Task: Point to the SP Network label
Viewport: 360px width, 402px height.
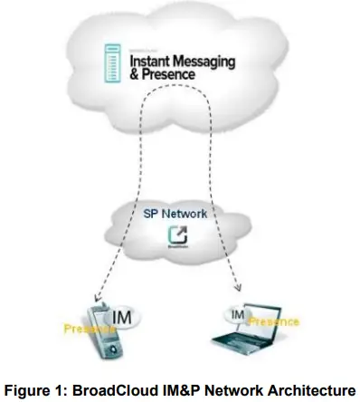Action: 177,214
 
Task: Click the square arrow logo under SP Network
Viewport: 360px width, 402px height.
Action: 178,238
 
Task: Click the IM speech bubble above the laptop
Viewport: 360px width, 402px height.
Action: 239,314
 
